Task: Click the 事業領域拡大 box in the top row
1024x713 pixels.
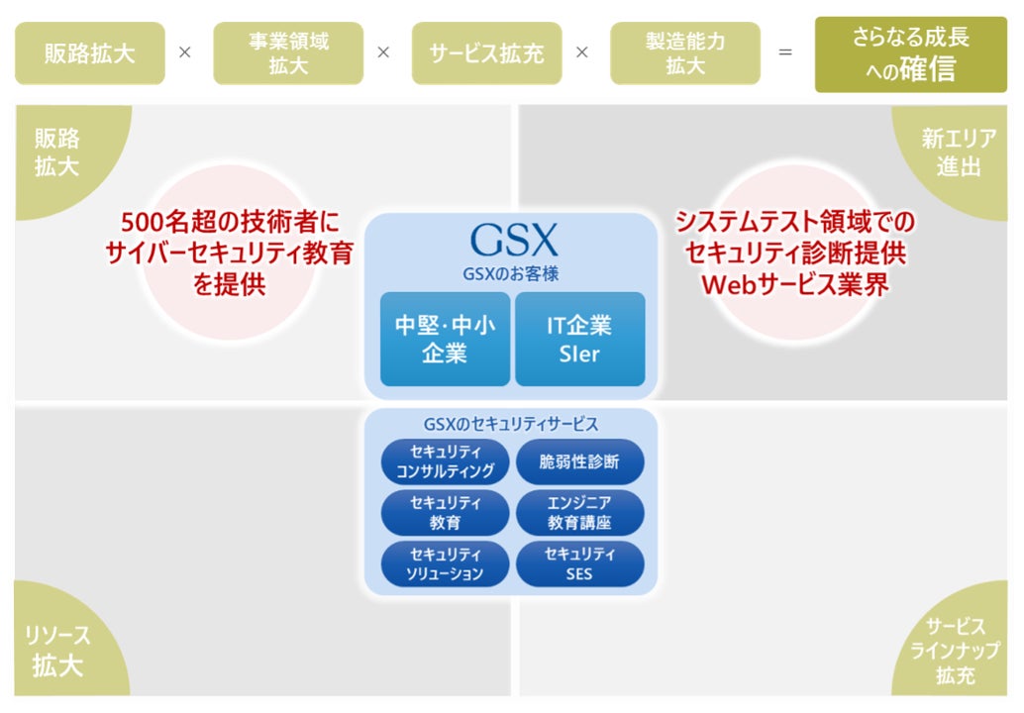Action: tap(288, 53)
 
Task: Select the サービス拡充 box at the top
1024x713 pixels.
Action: tap(486, 53)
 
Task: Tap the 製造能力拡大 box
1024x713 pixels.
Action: tap(684, 53)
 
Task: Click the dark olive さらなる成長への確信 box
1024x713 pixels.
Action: tap(910, 53)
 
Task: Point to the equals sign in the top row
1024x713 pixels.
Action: tap(785, 53)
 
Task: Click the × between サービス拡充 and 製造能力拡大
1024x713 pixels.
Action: tap(582, 53)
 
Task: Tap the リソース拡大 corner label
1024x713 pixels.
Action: tap(60, 650)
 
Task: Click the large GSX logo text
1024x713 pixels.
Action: tap(513, 241)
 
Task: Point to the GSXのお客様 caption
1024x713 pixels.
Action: tap(511, 273)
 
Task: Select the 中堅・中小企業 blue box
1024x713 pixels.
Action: tap(445, 339)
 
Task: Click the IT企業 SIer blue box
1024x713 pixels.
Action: tap(579, 339)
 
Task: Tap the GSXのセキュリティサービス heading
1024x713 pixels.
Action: tap(511, 424)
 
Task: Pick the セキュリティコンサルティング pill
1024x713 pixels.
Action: tap(445, 461)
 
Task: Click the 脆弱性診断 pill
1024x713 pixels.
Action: tap(579, 461)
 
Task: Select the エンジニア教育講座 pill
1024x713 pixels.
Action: tap(579, 512)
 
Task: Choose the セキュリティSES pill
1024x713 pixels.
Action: tap(579, 563)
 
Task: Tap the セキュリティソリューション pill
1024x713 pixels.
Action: tap(445, 563)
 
